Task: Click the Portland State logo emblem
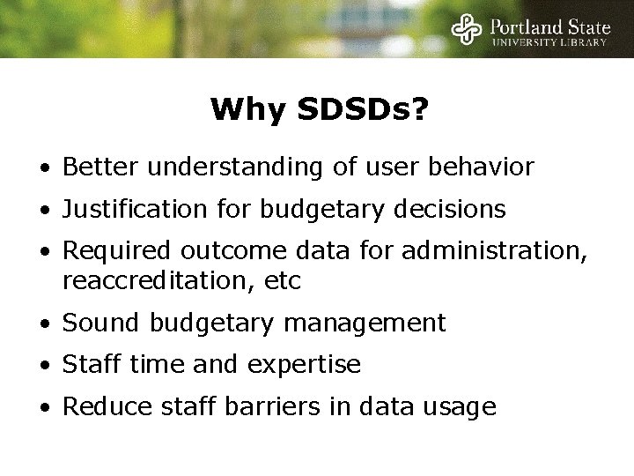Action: click(x=467, y=29)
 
